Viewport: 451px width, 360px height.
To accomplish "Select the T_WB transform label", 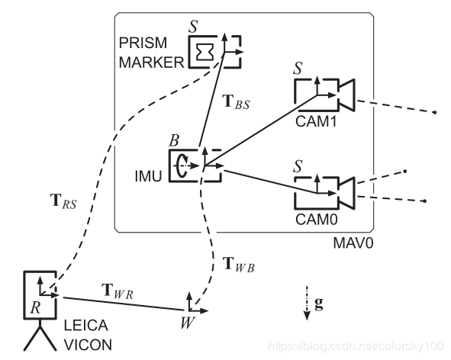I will pos(237,265).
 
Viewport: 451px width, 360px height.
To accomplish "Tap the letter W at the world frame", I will pos(186,322).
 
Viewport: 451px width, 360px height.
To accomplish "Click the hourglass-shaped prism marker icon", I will pos(205,51).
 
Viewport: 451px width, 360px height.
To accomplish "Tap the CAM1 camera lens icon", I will pos(345,94).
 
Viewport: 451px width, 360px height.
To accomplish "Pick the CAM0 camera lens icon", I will pos(345,191).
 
